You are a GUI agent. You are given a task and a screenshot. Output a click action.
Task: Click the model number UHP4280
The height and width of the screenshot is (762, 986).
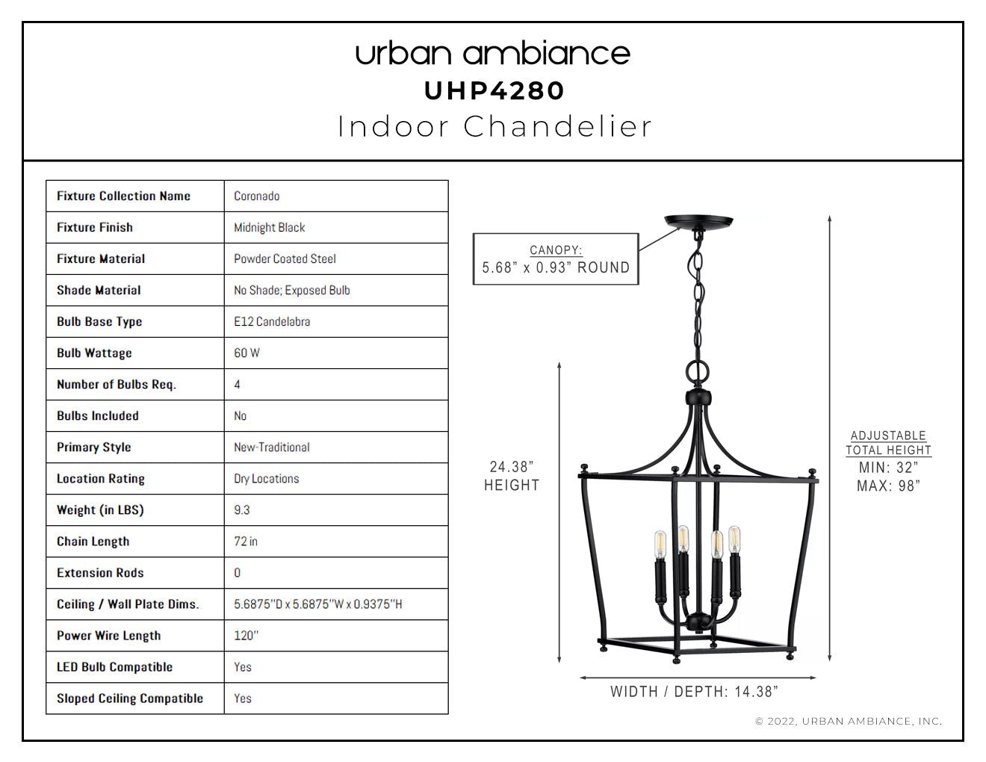pos(494,91)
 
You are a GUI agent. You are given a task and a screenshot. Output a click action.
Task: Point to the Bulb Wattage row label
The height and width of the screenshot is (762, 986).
pos(94,353)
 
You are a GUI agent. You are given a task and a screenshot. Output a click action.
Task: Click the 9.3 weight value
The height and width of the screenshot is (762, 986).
pos(242,510)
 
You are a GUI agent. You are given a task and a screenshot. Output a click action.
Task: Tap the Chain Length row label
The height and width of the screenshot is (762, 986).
pos(93,542)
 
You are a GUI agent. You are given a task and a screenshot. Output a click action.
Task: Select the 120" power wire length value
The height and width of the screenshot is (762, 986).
pos(246,636)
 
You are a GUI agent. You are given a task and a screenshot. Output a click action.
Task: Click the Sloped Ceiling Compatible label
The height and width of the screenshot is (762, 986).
pos(130,698)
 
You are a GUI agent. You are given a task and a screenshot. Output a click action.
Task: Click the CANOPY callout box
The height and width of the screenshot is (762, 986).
pos(556,259)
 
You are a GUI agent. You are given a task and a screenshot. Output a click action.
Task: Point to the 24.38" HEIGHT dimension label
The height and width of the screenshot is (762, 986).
pos(512,476)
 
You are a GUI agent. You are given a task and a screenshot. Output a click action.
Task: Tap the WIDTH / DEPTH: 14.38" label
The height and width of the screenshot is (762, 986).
pos(694,692)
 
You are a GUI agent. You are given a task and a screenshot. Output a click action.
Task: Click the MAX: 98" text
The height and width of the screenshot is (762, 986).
pos(888,486)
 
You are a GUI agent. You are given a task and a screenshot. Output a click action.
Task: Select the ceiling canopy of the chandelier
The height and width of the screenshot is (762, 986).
pos(698,222)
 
